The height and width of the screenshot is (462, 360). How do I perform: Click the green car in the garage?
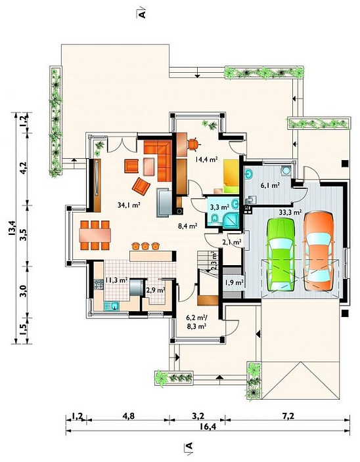pos(281,255)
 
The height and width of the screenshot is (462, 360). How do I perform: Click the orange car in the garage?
pos(319,251)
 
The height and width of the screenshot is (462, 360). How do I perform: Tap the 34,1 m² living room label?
pos(129,205)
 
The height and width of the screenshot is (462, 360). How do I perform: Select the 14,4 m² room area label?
pos(206,159)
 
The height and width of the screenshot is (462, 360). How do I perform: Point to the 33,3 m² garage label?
pos(290,211)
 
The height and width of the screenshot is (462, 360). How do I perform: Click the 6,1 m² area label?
pos(270,185)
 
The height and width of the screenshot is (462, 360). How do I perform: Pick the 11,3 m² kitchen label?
pos(116,280)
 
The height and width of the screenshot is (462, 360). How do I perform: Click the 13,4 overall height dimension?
pos(12,228)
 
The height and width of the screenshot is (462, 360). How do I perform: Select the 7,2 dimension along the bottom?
pos(288,416)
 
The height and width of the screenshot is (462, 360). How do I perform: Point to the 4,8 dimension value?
pos(129,416)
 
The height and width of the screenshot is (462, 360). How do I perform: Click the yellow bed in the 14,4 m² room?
pos(231,176)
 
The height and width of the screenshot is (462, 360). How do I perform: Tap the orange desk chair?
pos(193,144)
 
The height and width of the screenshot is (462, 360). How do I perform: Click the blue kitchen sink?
pos(112,306)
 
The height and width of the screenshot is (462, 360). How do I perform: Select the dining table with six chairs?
pos(95,236)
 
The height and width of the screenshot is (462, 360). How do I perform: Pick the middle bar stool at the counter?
pos(145,245)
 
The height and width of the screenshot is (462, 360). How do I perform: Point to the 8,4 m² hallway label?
pos(187,226)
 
